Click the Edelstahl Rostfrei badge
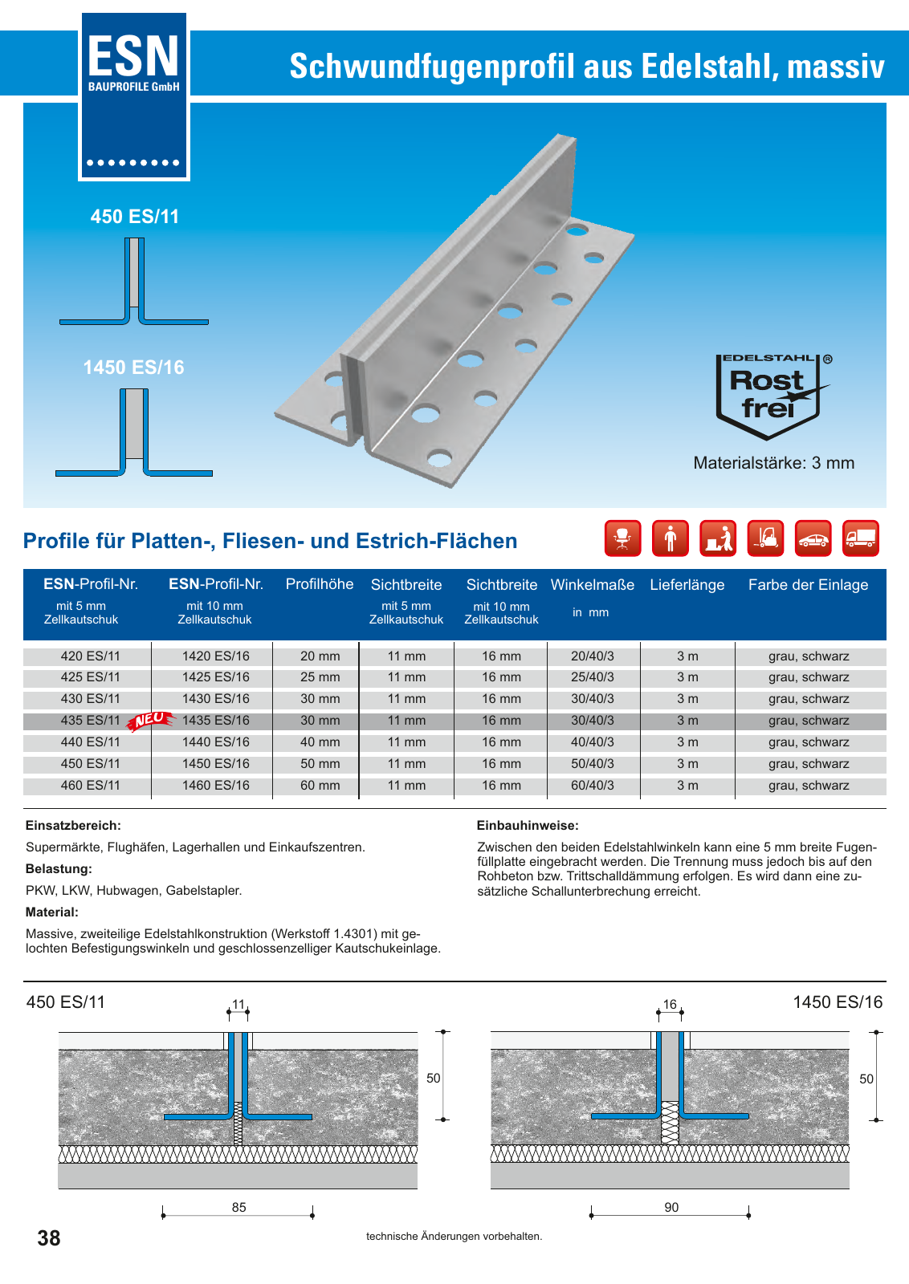pyautogui.click(x=769, y=396)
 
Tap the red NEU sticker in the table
pyautogui.click(x=151, y=720)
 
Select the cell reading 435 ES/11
pyautogui.click(x=90, y=721)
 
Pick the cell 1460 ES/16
pyautogui.click(x=215, y=786)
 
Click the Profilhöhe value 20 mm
pyautogui.click(x=320, y=656)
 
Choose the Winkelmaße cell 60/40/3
pyautogui.click(x=592, y=786)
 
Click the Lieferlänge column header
pyautogui.click(x=687, y=585)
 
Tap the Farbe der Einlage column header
pyautogui.click(x=808, y=585)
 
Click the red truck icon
pyautogui.click(x=860, y=538)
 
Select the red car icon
pyautogui.click(x=813, y=538)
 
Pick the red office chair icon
pyautogui.click(x=622, y=538)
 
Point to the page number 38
pyautogui.click(x=49, y=1238)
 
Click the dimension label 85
pyautogui.click(x=238, y=1208)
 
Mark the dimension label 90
pyautogui.click(x=671, y=1208)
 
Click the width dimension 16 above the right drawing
pyautogui.click(x=670, y=1005)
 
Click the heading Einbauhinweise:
pyautogui.click(x=528, y=826)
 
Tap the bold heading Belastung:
pyautogui.click(x=59, y=869)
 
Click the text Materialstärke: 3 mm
pyautogui.click(x=773, y=463)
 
